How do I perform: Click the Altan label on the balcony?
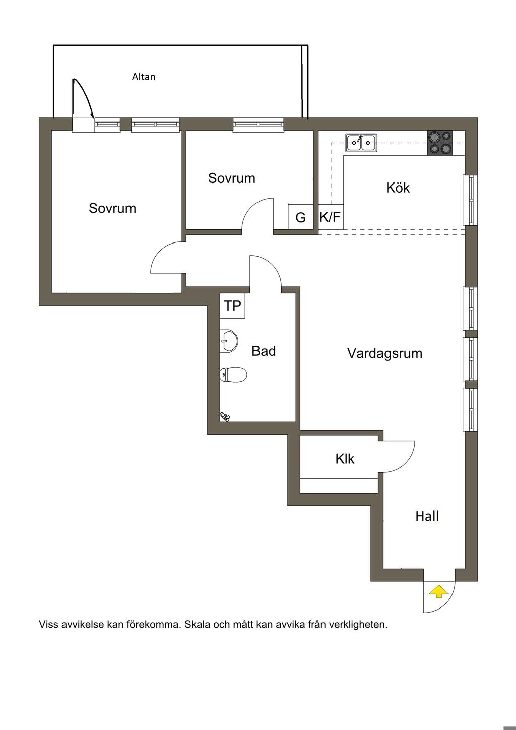pyautogui.click(x=144, y=77)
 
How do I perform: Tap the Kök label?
pyautogui.click(x=398, y=188)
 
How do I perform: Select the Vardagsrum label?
pyautogui.click(x=384, y=353)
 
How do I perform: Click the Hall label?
pyautogui.click(x=427, y=516)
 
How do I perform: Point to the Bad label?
pyautogui.click(x=264, y=351)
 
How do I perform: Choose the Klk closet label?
pyautogui.click(x=345, y=459)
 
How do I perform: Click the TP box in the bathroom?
pyautogui.click(x=232, y=306)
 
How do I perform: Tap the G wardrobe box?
pyautogui.click(x=301, y=216)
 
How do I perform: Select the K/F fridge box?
pyautogui.click(x=331, y=216)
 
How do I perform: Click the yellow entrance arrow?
pyautogui.click(x=438, y=591)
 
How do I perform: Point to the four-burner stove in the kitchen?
pyautogui.click(x=440, y=142)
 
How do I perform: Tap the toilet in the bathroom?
pyautogui.click(x=233, y=374)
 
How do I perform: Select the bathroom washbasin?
pyautogui.click(x=229, y=341)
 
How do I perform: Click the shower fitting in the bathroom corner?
pyautogui.click(x=225, y=416)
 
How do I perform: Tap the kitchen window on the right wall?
pyautogui.click(x=470, y=200)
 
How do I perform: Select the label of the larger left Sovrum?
pyautogui.click(x=112, y=208)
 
